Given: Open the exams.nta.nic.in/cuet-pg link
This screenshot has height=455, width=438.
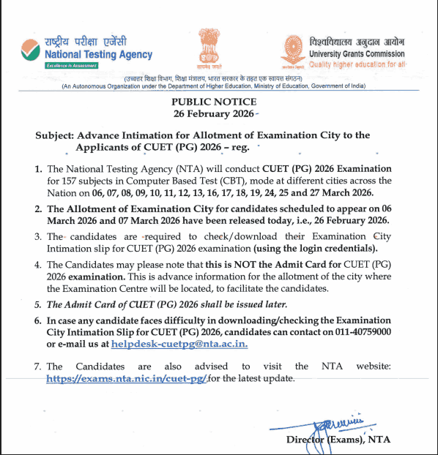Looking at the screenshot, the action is [127, 378].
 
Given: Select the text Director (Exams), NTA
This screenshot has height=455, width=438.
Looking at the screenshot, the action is [335, 439].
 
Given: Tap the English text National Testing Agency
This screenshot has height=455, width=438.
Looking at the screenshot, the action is [98, 55].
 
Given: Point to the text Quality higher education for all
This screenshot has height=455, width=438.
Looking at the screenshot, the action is [356, 64].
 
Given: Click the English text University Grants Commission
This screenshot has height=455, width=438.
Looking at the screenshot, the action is [356, 53].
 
